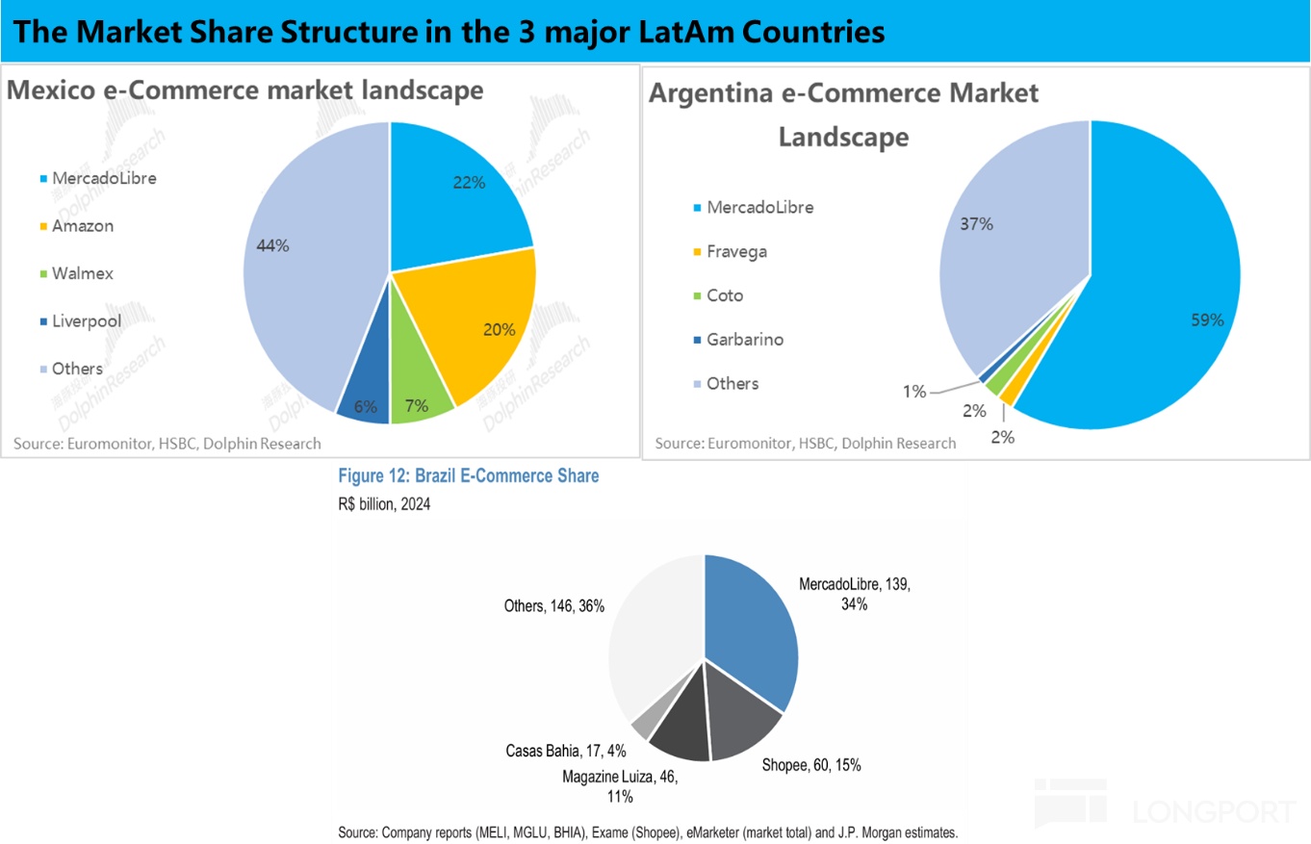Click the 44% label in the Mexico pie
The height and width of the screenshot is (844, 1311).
tap(272, 245)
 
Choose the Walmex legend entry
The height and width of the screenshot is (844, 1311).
tap(82, 273)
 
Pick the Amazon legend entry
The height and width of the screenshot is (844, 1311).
tap(83, 226)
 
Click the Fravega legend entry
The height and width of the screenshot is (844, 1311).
tap(736, 251)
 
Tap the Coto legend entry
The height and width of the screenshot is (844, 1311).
tap(724, 295)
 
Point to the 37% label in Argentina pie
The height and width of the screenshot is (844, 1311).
tap(976, 223)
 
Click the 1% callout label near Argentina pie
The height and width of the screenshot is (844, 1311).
tap(913, 391)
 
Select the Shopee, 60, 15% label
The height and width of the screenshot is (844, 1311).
tap(810, 765)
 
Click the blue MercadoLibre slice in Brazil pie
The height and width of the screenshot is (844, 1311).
tap(751, 626)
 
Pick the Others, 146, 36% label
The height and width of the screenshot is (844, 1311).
tap(554, 606)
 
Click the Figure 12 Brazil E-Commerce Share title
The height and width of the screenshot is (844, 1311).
tap(467, 475)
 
